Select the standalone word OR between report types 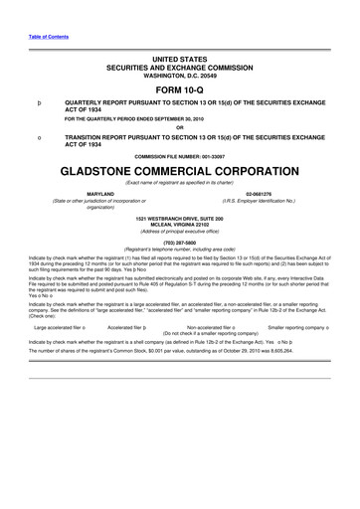click(x=179, y=126)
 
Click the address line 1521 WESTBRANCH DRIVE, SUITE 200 click(x=179, y=217)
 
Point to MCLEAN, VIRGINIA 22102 click(x=179, y=223)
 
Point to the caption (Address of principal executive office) click(x=179, y=230)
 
